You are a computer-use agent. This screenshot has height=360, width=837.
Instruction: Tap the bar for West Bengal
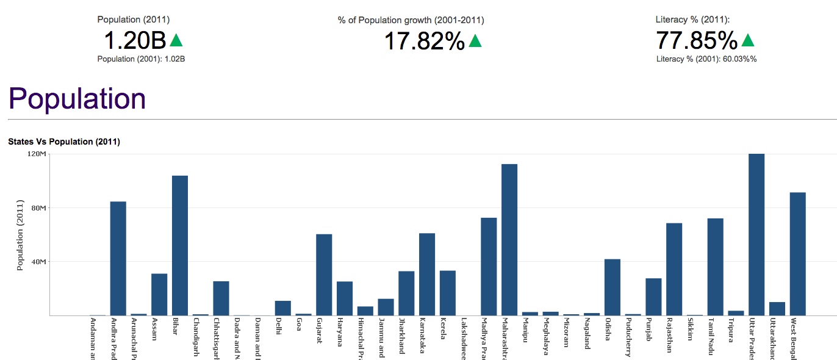[797, 254]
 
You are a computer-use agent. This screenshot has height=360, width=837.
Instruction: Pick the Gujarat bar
[324, 275]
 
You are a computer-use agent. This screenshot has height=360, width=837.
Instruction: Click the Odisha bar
[612, 287]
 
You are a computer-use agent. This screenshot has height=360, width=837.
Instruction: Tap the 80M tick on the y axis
[38, 208]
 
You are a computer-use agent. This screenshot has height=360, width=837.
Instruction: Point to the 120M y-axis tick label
[37, 154]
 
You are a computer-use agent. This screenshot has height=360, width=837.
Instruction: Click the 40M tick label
[38, 262]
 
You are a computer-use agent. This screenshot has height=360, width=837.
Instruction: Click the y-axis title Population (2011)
[20, 235]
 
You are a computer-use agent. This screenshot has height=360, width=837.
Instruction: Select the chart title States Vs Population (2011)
[64, 142]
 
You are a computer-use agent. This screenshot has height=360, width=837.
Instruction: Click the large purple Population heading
[77, 98]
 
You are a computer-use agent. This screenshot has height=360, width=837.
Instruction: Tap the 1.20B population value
[135, 41]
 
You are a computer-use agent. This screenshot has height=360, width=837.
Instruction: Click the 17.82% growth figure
[425, 41]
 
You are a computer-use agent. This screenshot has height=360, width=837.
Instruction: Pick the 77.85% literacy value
[697, 41]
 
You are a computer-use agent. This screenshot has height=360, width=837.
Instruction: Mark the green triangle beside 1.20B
[176, 40]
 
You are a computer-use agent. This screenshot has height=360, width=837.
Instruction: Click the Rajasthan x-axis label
[670, 336]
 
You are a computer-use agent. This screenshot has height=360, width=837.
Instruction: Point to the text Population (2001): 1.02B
[141, 59]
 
